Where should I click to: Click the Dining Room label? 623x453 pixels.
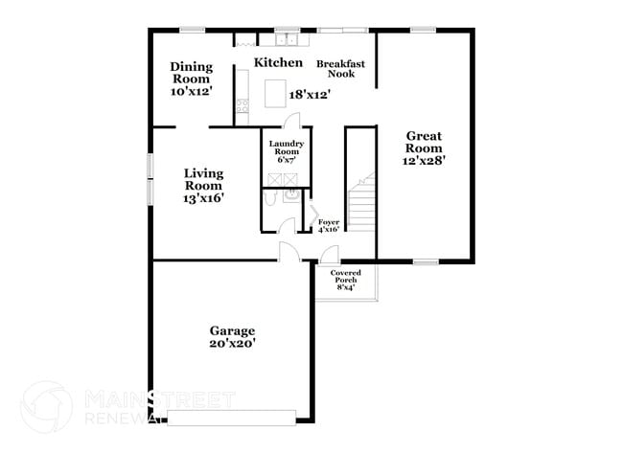click(x=191, y=73)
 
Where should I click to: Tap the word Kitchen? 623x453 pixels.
click(x=278, y=62)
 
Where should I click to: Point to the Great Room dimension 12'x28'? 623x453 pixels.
click(x=423, y=162)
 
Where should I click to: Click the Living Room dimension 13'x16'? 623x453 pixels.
click(x=203, y=198)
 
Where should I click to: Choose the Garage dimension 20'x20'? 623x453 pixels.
click(x=233, y=344)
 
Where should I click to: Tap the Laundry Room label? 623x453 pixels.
click(x=286, y=148)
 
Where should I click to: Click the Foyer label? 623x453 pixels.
click(x=329, y=222)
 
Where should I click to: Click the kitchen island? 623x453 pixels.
click(x=277, y=93)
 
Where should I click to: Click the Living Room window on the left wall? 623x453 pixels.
click(x=150, y=178)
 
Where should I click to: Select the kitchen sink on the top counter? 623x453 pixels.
click(x=286, y=40)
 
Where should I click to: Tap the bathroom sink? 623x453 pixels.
click(x=291, y=195)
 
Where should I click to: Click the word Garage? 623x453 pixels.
click(x=233, y=331)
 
